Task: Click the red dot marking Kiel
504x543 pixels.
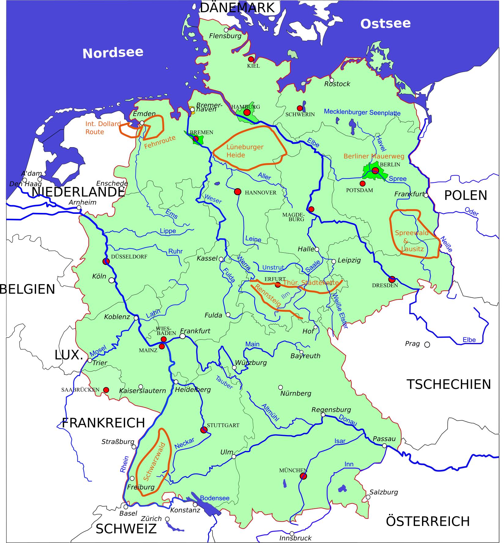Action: (x=251, y=59)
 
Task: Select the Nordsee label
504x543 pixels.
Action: (x=113, y=53)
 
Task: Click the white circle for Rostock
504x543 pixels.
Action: (x=332, y=80)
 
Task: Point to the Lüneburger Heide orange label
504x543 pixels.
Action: (x=245, y=151)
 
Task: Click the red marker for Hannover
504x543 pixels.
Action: (x=237, y=192)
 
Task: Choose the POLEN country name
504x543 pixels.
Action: (x=465, y=195)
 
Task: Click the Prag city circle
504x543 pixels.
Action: (x=427, y=345)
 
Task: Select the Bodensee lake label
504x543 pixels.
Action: (x=215, y=498)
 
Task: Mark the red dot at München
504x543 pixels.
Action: (x=303, y=476)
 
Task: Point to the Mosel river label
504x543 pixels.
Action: (x=98, y=351)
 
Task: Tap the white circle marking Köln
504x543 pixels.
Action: (x=112, y=280)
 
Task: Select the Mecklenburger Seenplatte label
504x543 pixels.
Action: (x=362, y=112)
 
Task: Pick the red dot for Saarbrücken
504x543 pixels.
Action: (x=106, y=390)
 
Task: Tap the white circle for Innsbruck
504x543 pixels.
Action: (x=292, y=534)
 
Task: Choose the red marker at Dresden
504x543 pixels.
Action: (x=392, y=279)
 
